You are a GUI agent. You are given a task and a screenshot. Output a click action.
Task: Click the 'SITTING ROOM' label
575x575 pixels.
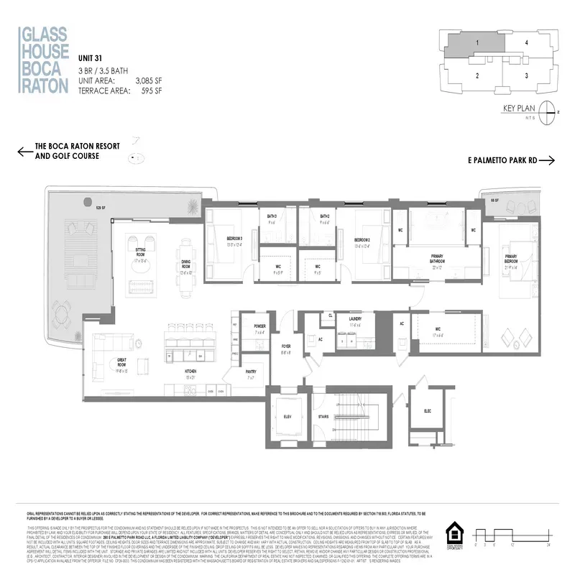tap(140, 253)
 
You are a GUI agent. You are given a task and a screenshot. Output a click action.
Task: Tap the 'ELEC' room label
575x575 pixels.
tap(427, 410)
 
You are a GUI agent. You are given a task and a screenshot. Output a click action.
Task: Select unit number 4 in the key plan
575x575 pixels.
tap(527, 43)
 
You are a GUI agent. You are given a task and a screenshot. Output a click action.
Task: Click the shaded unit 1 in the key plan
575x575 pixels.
tap(476, 43)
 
